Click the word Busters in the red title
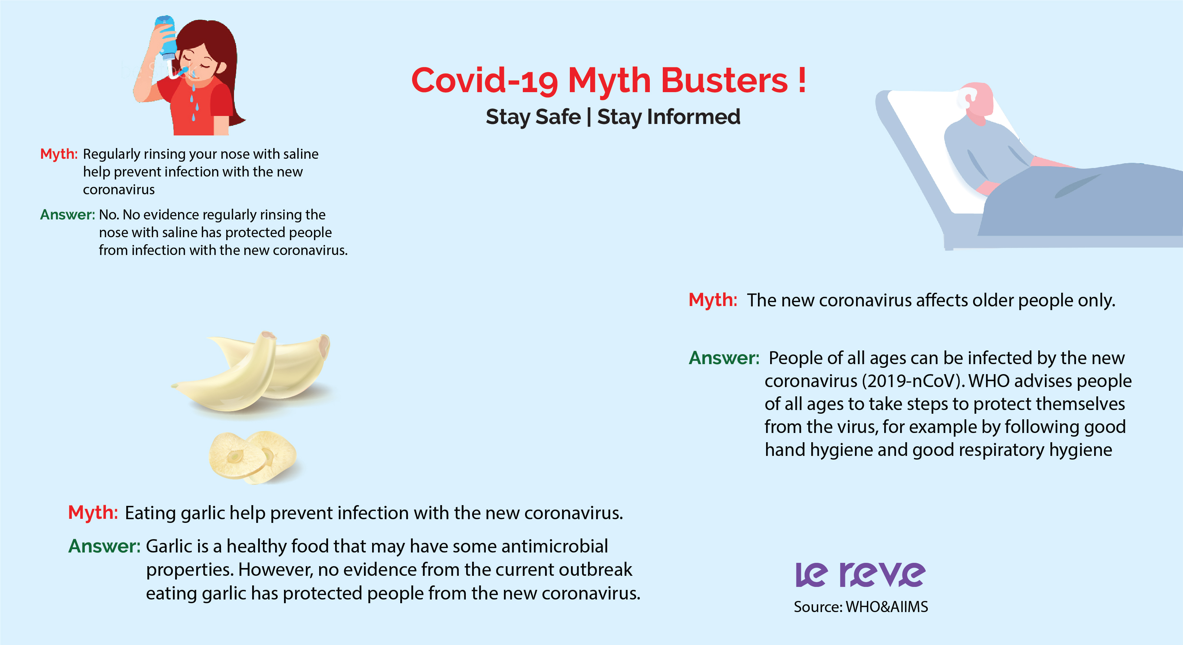[x=724, y=80]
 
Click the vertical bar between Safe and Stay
[x=589, y=117]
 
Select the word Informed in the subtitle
[x=694, y=117]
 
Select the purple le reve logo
[x=860, y=574]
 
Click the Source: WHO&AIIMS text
[x=860, y=607]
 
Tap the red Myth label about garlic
[x=93, y=512]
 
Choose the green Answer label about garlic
[x=104, y=546]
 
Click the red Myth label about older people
[x=713, y=300]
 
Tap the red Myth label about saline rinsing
[x=59, y=154]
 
